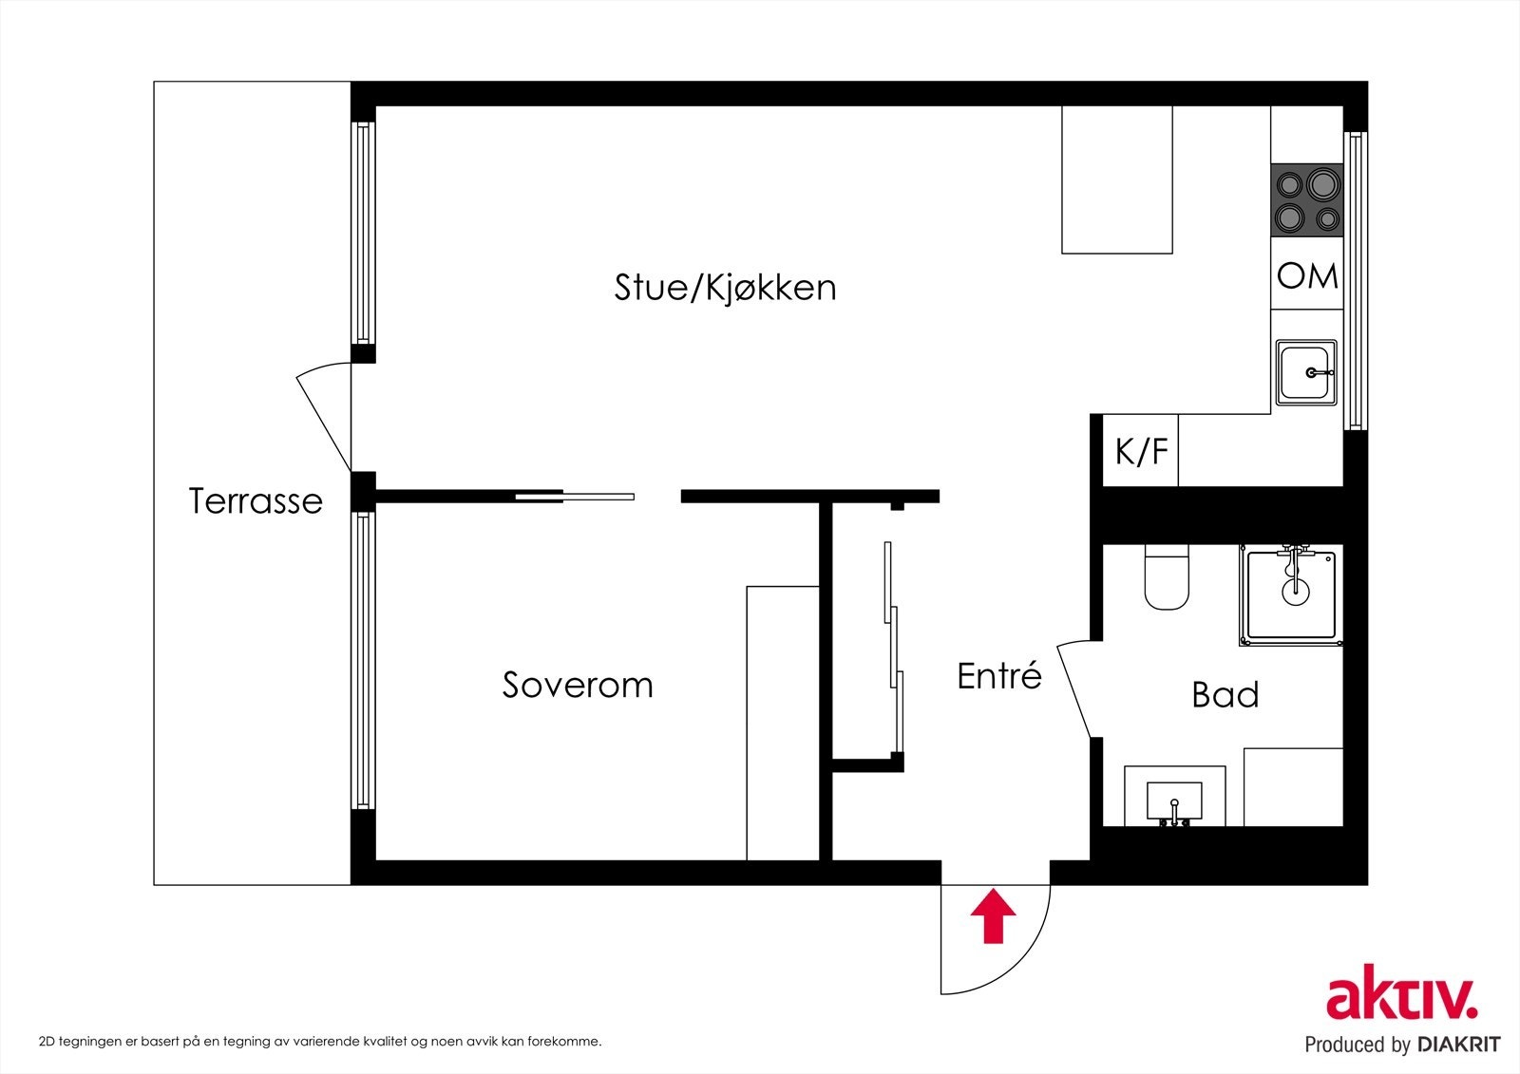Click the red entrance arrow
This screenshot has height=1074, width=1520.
click(994, 916)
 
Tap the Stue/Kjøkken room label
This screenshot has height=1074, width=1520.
click(725, 287)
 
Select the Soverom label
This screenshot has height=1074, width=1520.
click(578, 685)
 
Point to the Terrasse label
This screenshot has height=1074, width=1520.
click(256, 500)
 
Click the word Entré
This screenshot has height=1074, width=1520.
click(998, 676)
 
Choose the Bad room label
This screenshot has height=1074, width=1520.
click(1225, 695)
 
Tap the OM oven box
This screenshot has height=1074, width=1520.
click(1307, 275)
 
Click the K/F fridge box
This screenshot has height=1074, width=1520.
click(1141, 452)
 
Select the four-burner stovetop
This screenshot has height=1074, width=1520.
click(1306, 200)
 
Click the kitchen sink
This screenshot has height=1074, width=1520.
click(1306, 372)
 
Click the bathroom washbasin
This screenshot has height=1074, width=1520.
click(1174, 800)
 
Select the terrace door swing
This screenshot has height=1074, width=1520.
click(326, 418)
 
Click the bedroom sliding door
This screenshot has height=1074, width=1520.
click(575, 496)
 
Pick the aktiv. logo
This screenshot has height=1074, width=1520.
click(1401, 997)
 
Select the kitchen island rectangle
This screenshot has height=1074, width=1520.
click(1116, 179)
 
